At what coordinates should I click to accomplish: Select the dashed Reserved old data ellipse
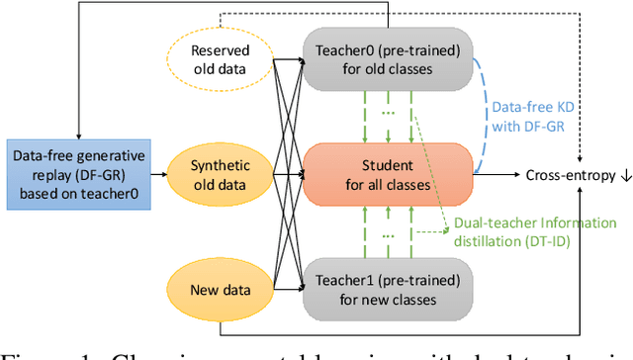[x=219, y=61]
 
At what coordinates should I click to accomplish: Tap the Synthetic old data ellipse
[x=219, y=174]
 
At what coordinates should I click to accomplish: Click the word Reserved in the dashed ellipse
[x=219, y=51]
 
